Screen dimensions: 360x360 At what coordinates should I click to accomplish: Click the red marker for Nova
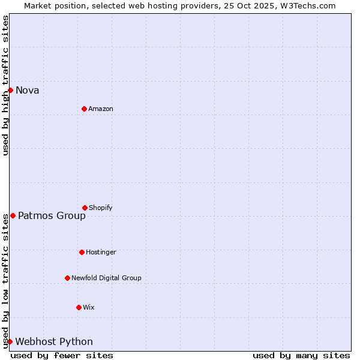(x=10, y=90)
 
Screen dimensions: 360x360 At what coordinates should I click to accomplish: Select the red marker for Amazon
(x=84, y=109)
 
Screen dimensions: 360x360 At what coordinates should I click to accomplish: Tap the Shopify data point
(x=85, y=208)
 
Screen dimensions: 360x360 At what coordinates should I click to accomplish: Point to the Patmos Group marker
(x=13, y=215)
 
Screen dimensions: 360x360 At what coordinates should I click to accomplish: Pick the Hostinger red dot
(x=82, y=252)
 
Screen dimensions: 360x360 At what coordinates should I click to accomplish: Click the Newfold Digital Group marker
(x=67, y=278)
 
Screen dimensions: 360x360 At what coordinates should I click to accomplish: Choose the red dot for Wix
(x=79, y=307)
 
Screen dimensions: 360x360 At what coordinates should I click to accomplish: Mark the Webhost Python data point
(x=10, y=341)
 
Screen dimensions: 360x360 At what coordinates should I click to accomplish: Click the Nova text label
(x=28, y=91)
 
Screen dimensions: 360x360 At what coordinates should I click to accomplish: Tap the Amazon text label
(x=101, y=109)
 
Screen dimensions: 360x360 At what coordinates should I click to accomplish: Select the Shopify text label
(x=101, y=208)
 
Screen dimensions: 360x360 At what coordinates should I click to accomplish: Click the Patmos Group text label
(x=52, y=216)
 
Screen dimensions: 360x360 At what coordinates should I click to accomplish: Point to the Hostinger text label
(x=101, y=253)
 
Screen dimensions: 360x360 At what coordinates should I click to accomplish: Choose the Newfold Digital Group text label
(x=106, y=278)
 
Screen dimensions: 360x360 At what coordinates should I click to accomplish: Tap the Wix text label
(x=89, y=308)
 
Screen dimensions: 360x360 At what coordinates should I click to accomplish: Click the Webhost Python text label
(x=54, y=342)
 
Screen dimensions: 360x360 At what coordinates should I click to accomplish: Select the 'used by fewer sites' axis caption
(x=62, y=355)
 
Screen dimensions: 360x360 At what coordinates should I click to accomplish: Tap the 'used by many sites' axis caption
(x=301, y=355)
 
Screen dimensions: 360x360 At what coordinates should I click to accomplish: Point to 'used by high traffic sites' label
(x=5, y=85)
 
